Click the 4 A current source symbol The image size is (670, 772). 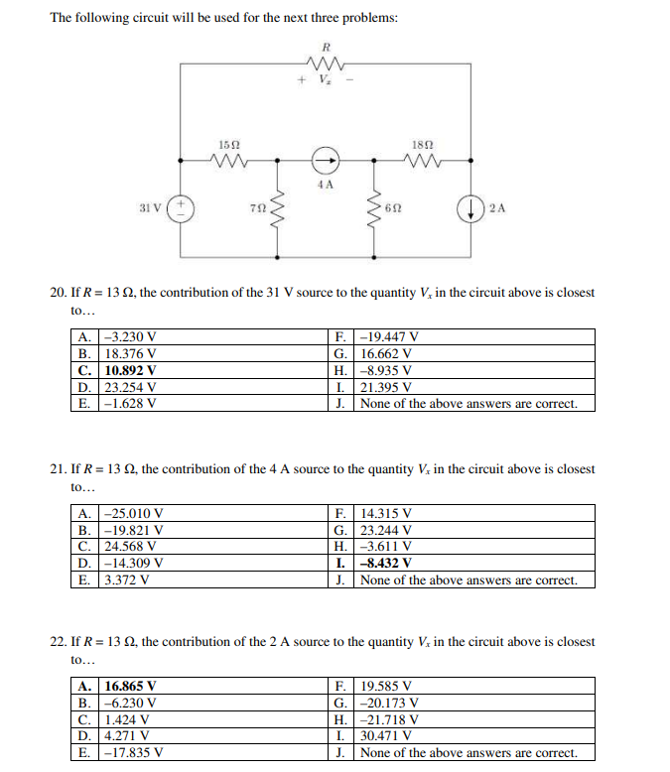325,160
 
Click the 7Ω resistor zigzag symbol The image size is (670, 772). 276,208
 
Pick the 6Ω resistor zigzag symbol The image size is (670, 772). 374,208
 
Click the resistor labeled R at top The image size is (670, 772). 325,65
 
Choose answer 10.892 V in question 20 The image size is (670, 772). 131,370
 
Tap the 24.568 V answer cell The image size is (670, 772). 129,547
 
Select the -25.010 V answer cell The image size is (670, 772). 133,513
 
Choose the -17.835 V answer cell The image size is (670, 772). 133,753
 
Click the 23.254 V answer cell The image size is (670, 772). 129,387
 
